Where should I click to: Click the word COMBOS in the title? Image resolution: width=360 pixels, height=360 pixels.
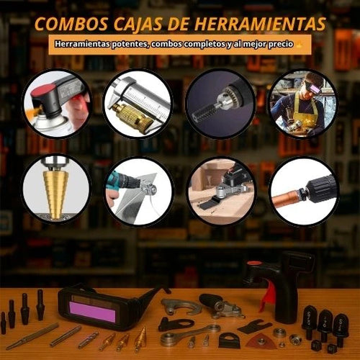coord(71,24)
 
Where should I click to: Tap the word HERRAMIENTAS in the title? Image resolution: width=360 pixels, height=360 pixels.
coord(260,24)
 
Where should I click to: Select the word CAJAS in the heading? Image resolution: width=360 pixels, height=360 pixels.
coord(138,24)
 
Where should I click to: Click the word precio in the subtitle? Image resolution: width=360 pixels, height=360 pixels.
coord(281,44)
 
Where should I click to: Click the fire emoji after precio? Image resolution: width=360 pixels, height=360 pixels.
coord(299,44)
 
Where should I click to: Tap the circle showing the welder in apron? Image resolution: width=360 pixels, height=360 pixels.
coord(303,104)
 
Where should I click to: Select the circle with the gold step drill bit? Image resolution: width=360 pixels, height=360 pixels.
coord(56,189)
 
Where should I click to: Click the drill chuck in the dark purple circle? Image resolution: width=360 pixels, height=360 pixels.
coord(224,100)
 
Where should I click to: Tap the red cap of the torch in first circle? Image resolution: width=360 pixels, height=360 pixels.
coord(40,92)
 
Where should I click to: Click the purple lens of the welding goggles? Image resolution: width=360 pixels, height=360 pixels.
coord(92,311)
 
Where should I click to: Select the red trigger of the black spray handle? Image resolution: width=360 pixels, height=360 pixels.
coord(267,296)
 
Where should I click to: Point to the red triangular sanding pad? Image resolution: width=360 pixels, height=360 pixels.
coord(261,341)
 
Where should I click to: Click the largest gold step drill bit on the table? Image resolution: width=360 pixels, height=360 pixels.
coord(140,338)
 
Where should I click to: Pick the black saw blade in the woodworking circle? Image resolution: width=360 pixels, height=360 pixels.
coord(208,204)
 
